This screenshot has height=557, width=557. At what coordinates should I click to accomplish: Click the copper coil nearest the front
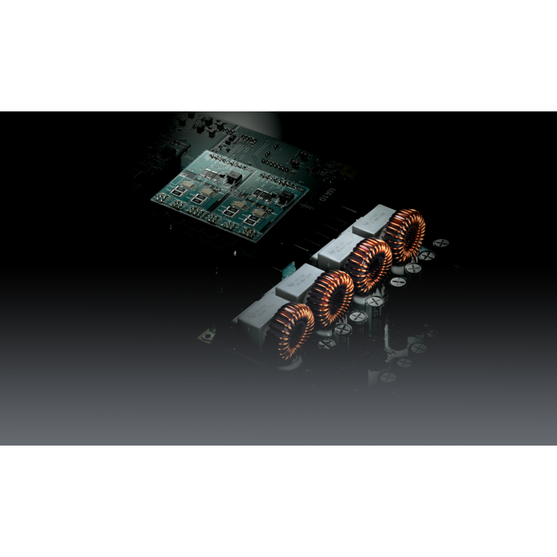290,331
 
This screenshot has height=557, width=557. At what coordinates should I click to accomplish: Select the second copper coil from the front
331,299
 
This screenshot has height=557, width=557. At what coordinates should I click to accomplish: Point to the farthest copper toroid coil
405,236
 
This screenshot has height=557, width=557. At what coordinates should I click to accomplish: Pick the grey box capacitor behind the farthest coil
373,219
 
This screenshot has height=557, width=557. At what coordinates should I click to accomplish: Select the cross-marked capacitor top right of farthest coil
441,243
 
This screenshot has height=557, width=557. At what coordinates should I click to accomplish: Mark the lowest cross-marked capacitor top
388,377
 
